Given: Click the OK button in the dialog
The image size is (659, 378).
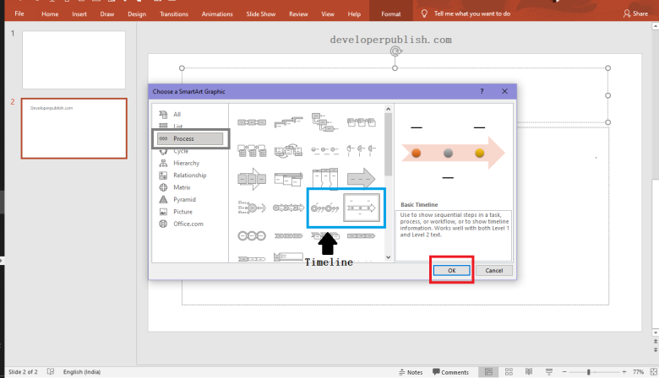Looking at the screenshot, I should click(x=451, y=270).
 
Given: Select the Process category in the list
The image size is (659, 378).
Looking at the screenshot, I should click(x=183, y=138).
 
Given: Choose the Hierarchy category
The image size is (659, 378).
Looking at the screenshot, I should click(x=186, y=163).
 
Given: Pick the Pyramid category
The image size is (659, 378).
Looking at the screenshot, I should click(x=184, y=199).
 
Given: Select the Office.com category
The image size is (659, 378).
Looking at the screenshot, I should click(x=188, y=224).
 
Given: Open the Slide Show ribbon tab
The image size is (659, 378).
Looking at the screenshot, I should click(x=260, y=14).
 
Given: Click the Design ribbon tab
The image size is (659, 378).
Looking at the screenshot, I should click(x=136, y=14).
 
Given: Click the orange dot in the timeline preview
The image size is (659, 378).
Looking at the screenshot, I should click(x=416, y=154).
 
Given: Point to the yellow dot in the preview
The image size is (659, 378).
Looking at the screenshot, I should click(x=480, y=154).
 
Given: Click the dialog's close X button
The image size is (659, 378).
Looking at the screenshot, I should click(x=504, y=90).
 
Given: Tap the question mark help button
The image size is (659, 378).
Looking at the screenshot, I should click(x=482, y=90).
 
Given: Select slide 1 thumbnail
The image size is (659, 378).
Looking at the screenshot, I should click(x=74, y=60).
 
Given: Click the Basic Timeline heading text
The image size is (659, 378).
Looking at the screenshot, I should click(x=421, y=205).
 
